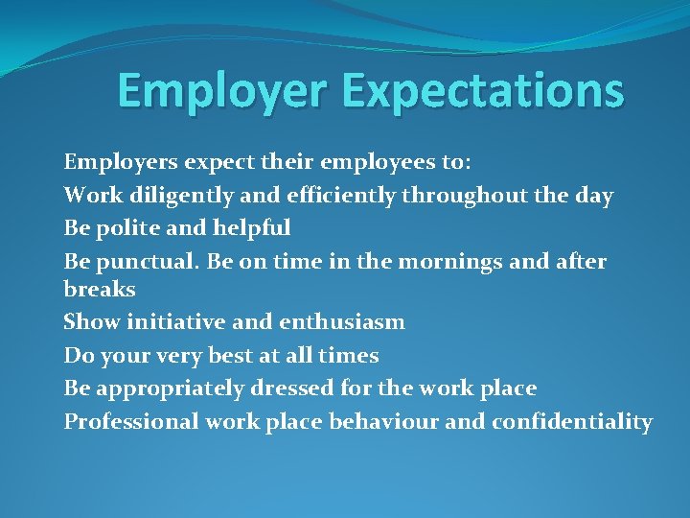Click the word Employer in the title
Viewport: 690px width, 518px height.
(223, 92)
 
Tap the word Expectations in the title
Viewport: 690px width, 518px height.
(482, 92)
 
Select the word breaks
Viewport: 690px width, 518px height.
(100, 289)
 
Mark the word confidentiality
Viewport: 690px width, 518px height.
(572, 421)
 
